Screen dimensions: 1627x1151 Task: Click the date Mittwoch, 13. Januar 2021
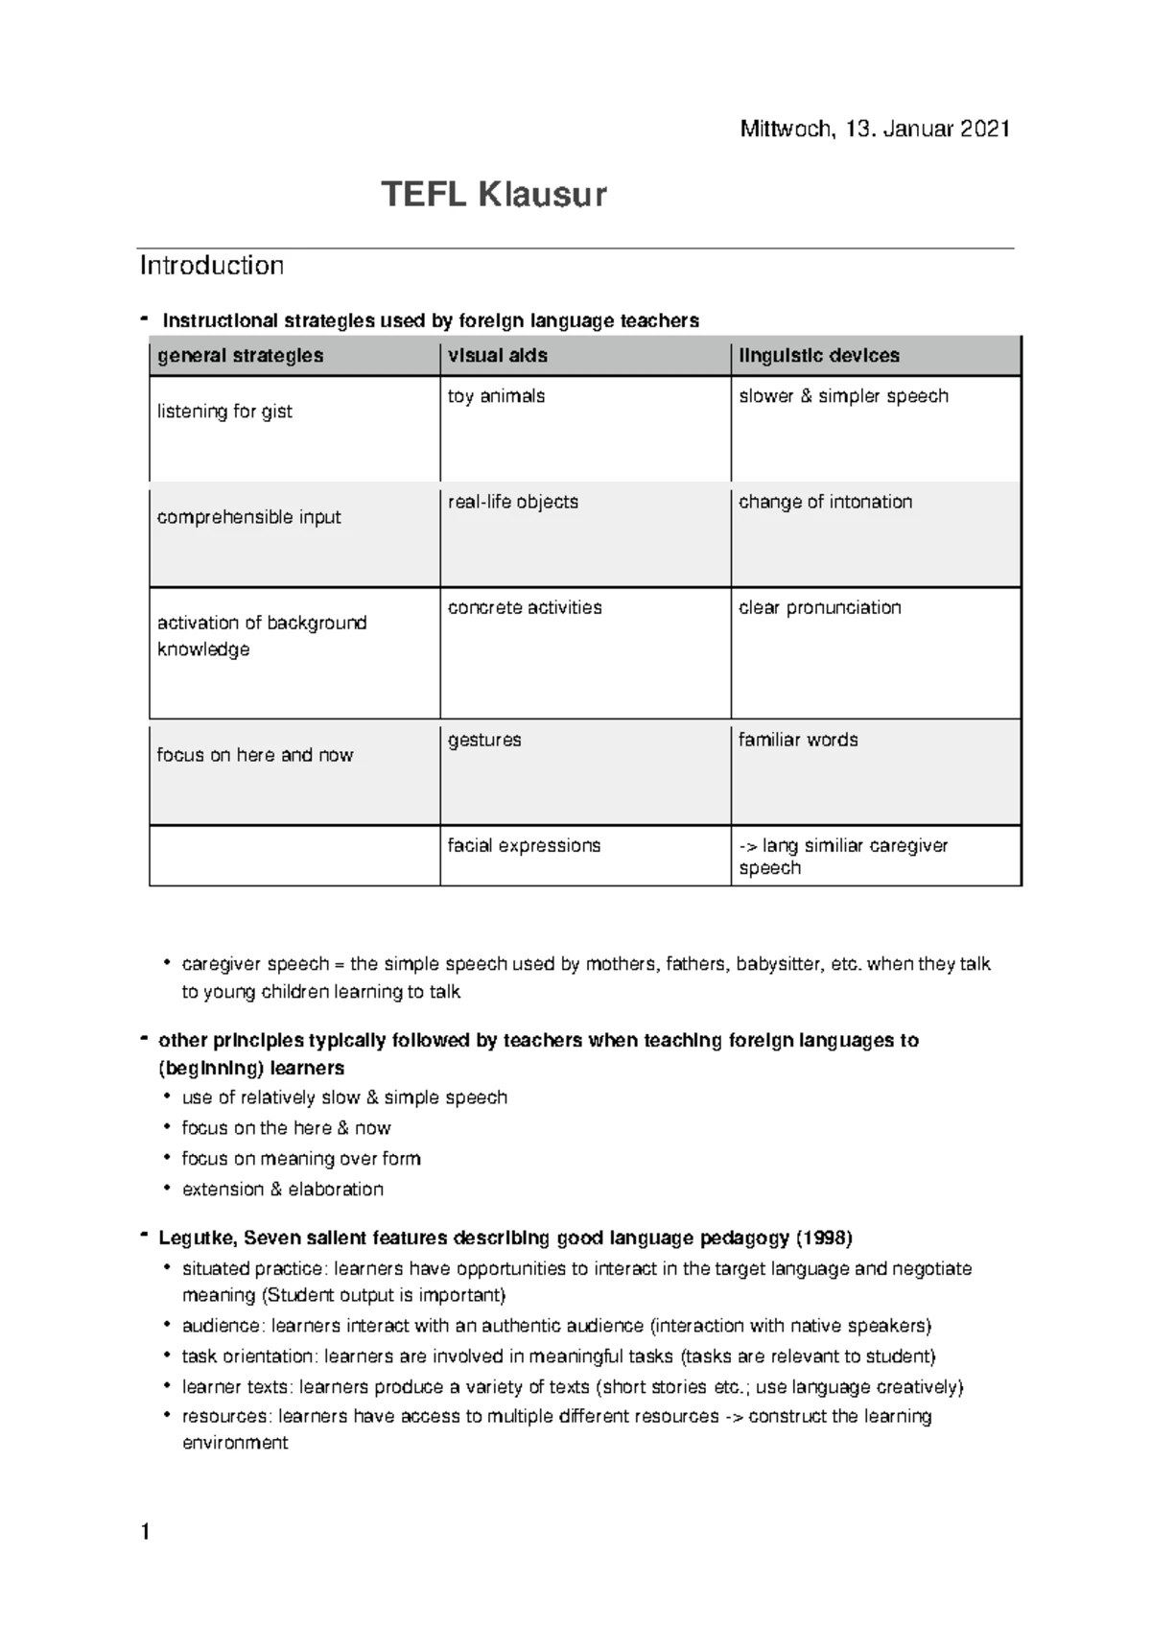click(x=874, y=129)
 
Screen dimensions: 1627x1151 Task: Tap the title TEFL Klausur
click(x=493, y=195)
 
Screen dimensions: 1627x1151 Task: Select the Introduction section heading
click(x=211, y=266)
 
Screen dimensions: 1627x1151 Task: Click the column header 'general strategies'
click(x=240, y=356)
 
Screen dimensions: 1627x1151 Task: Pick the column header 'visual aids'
click(x=497, y=356)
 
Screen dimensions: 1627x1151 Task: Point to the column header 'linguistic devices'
click(x=818, y=356)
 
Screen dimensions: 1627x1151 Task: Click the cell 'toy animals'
click(x=496, y=396)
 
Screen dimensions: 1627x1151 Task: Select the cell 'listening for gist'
click(x=224, y=412)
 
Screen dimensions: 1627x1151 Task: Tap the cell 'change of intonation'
click(x=825, y=502)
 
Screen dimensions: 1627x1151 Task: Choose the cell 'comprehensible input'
click(x=248, y=517)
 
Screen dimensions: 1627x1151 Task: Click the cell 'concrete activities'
click(x=525, y=607)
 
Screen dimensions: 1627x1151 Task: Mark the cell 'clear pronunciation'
click(x=819, y=607)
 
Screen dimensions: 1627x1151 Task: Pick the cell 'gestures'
click(x=484, y=740)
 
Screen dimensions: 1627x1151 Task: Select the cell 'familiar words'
click(x=798, y=740)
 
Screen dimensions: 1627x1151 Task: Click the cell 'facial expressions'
click(x=524, y=845)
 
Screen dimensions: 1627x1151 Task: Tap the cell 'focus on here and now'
click(x=254, y=755)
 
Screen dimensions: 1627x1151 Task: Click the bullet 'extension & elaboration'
click(x=282, y=1190)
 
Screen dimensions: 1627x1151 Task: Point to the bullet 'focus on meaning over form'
click(x=300, y=1159)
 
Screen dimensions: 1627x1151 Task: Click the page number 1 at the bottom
click(x=145, y=1533)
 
